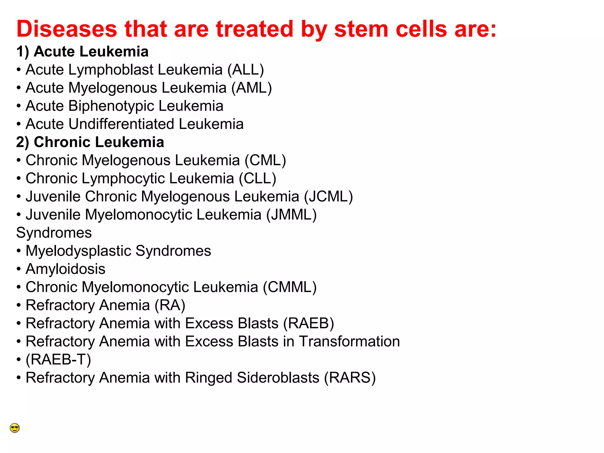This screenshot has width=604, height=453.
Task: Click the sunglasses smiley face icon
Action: click(x=15, y=428)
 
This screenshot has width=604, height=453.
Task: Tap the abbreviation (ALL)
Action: click(x=246, y=70)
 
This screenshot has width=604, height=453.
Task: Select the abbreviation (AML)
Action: click(x=252, y=88)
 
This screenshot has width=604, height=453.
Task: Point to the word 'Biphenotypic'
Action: click(x=111, y=106)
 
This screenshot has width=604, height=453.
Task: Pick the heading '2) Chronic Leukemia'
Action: click(x=90, y=142)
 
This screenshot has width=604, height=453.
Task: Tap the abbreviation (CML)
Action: click(x=265, y=160)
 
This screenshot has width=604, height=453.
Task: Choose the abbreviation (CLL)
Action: click(x=257, y=179)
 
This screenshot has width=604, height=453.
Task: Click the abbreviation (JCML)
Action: click(x=329, y=197)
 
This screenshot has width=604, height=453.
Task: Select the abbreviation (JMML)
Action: click(x=291, y=215)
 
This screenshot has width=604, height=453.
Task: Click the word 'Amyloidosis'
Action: click(x=65, y=269)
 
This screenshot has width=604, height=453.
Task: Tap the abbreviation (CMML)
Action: click(x=290, y=287)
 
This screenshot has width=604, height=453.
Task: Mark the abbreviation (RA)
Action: click(x=170, y=305)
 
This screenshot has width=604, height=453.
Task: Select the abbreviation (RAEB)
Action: click(x=308, y=323)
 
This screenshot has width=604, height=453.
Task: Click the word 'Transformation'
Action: click(x=349, y=342)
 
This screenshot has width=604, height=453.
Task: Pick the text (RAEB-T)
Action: click(x=58, y=360)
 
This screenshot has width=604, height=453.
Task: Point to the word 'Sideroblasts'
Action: click(x=278, y=378)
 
